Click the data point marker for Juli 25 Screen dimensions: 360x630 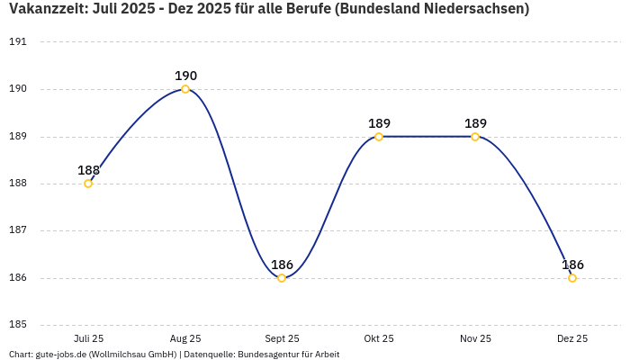click(88, 184)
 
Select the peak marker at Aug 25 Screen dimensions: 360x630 click(185, 89)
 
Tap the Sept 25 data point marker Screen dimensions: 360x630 click(282, 278)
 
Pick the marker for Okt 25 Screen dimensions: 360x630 click(379, 137)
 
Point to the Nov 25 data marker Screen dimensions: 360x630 click(475, 137)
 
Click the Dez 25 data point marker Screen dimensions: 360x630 click(572, 278)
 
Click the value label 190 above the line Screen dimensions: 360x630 click(185, 76)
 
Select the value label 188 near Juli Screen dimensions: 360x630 click(88, 170)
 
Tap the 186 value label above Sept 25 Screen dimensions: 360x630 click(282, 265)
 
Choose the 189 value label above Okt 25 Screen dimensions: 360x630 click(379, 123)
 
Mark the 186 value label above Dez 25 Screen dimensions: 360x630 click(572, 265)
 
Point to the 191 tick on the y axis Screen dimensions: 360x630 click(18, 42)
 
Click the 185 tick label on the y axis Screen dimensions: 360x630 click(18, 325)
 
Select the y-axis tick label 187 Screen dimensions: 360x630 click(18, 230)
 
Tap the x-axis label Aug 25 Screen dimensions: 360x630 click(185, 339)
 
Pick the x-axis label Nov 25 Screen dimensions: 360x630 click(475, 339)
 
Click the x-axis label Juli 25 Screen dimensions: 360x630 click(88, 339)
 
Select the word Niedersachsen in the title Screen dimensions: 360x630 click(472, 10)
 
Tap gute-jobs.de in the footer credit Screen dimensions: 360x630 click(61, 355)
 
